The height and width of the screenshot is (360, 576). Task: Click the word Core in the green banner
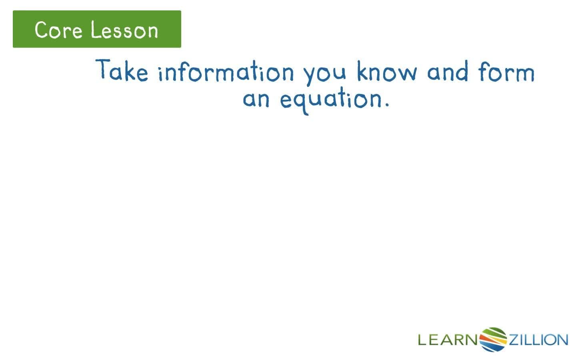(58, 30)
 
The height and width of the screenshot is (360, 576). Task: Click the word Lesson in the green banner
(124, 30)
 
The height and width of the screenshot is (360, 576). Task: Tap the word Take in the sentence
(122, 71)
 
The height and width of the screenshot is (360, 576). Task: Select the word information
(226, 72)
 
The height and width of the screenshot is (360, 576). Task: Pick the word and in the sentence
(447, 72)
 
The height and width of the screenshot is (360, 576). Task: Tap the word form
(506, 72)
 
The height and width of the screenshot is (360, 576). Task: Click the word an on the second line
(256, 99)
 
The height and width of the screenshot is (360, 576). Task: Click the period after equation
(386, 106)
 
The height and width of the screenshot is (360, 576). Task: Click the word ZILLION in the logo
(538, 340)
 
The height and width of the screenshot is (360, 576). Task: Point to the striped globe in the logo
(493, 340)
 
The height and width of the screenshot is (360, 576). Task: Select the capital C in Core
(41, 30)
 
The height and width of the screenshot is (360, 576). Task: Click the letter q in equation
(301, 102)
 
